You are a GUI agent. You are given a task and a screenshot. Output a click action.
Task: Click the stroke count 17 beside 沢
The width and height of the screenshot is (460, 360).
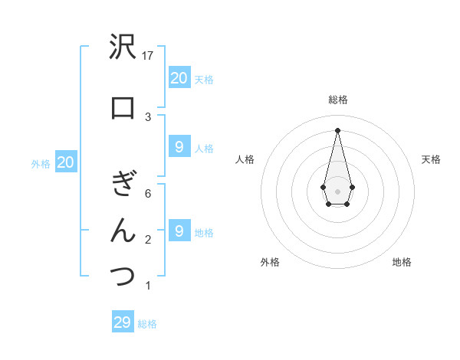pyautogui.click(x=149, y=55)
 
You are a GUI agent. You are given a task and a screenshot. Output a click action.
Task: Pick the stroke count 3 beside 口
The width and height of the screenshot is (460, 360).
pyautogui.click(x=149, y=116)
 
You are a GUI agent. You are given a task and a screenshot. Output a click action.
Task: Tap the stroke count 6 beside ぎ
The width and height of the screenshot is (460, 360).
pyautogui.click(x=149, y=194)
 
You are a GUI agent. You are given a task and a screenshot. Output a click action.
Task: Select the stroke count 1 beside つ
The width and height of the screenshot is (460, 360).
pyautogui.click(x=149, y=286)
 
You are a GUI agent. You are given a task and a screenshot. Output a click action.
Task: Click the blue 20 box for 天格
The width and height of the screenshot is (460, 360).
pyautogui.click(x=179, y=77)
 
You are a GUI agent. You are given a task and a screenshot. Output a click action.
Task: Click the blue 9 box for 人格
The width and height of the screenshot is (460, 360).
pyautogui.click(x=179, y=147)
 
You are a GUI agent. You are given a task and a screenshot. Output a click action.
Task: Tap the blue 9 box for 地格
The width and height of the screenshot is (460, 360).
pyautogui.click(x=179, y=231)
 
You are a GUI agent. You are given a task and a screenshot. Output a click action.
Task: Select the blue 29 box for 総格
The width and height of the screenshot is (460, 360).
pyautogui.click(x=123, y=322)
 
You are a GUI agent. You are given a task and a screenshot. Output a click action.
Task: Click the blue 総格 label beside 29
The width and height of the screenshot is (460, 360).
pyautogui.click(x=147, y=324)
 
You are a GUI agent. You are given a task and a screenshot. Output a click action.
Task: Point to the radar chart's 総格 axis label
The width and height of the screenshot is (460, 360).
pyautogui.click(x=337, y=100)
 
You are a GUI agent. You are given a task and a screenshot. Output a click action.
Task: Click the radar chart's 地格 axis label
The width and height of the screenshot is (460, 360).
pyautogui.click(x=402, y=263)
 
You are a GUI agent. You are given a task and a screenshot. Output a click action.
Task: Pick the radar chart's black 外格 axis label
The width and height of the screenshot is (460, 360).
pyautogui.click(x=270, y=263)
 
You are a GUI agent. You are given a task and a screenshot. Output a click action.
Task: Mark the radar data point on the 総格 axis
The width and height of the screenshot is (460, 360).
pyautogui.click(x=337, y=129)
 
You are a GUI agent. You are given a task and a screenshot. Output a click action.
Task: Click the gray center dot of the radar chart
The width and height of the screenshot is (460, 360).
pyautogui.click(x=337, y=190)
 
